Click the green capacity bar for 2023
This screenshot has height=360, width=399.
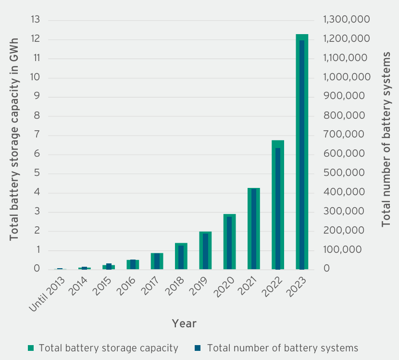298,144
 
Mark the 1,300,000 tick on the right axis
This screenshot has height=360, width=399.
346,20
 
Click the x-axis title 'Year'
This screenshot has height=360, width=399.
184,323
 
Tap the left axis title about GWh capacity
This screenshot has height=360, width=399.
14,139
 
